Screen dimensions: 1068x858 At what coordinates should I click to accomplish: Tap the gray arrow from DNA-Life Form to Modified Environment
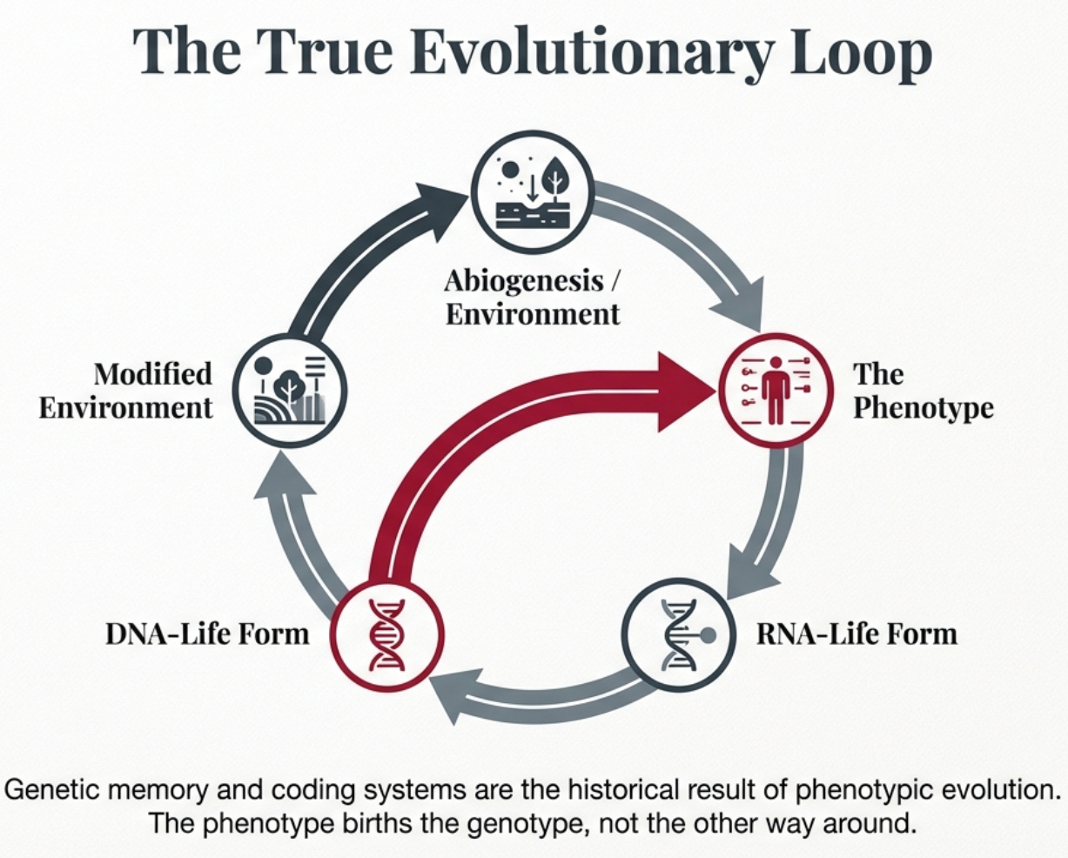300,531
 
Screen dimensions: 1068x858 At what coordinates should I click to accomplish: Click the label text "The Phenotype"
922,391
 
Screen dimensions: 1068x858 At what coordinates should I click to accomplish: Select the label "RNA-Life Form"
856,633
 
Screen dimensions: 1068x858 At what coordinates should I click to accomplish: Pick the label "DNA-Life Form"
207,633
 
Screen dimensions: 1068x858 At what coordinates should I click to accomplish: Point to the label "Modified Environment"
126,391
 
